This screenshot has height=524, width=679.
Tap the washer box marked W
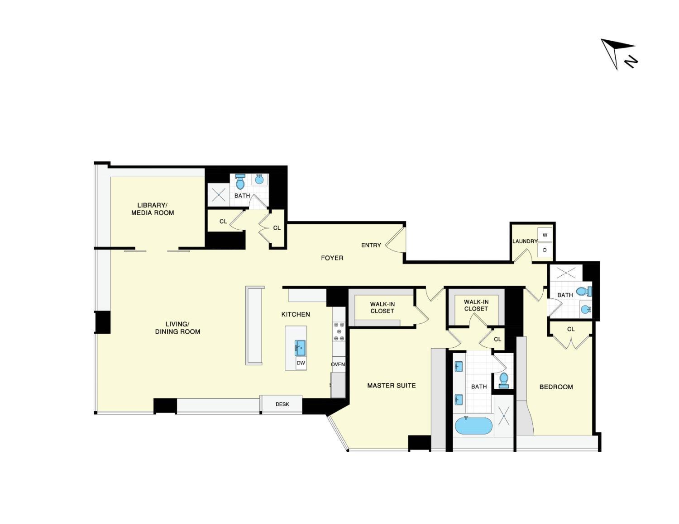pyautogui.click(x=545, y=235)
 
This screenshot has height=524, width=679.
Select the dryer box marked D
pyautogui.click(x=545, y=250)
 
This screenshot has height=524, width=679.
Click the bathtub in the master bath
pyautogui.click(x=473, y=426)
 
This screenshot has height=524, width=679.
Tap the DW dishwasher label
pyautogui.click(x=301, y=363)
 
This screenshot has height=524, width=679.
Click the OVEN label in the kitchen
pyautogui.click(x=338, y=364)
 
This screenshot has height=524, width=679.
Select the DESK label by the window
pyautogui.click(x=282, y=404)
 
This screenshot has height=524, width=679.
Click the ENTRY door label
pyautogui.click(x=371, y=245)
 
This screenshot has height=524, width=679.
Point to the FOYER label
pyautogui.click(x=332, y=258)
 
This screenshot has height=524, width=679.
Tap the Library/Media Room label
pyautogui.click(x=153, y=209)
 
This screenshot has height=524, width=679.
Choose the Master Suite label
pyautogui.click(x=391, y=386)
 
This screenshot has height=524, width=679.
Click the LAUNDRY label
pyautogui.click(x=525, y=241)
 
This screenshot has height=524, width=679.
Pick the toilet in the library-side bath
pyautogui.click(x=240, y=182)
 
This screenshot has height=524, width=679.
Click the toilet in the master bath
pyautogui.click(x=503, y=380)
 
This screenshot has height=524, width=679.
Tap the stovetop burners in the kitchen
pyautogui.click(x=339, y=331)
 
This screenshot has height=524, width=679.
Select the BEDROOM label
pyautogui.click(x=556, y=387)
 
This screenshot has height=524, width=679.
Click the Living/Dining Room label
pyautogui.click(x=177, y=328)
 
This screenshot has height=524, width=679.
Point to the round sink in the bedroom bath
pyautogui.click(x=585, y=310)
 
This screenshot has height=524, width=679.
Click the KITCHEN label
pyautogui.click(x=296, y=314)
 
